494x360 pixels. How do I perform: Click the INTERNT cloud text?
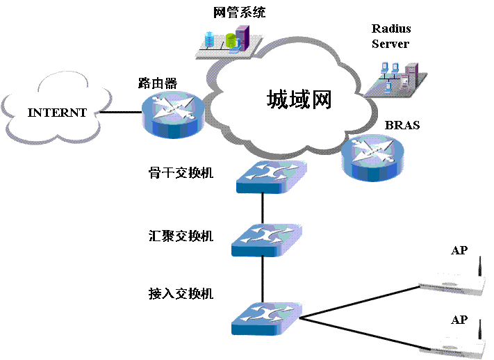coord(57,113)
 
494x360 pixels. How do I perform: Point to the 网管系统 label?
coord(240,12)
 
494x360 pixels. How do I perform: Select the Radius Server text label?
coord(391,36)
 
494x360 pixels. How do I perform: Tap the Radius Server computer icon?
coord(395,76)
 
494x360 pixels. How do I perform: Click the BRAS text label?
coord(402,126)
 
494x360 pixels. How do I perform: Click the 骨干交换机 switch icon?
coord(269,177)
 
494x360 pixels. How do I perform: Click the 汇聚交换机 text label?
coord(180,236)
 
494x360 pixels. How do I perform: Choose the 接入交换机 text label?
coord(180,293)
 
